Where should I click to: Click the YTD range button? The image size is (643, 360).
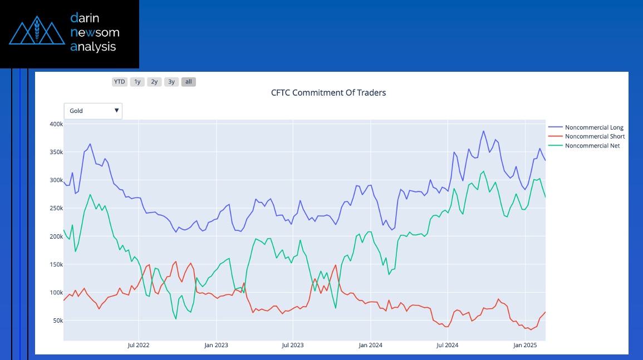(x=120, y=82)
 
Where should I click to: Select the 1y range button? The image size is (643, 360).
(x=137, y=82)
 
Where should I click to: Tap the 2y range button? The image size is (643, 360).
(x=154, y=82)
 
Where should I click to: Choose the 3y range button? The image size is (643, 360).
(x=171, y=82)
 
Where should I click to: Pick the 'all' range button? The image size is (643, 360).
(x=189, y=82)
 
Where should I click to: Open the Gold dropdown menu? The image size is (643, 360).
(x=93, y=111)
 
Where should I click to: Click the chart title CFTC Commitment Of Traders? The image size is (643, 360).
(x=328, y=93)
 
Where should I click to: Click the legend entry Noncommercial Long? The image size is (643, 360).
(x=593, y=127)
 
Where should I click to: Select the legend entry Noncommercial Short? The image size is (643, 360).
(x=595, y=136)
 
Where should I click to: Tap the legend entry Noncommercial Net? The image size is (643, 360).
(x=592, y=146)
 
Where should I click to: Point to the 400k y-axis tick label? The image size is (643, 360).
(x=56, y=124)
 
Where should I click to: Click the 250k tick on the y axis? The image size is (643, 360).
(x=56, y=208)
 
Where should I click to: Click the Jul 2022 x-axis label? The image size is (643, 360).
(x=139, y=346)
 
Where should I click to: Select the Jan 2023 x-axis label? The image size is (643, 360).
(x=216, y=346)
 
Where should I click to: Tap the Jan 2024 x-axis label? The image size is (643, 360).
(x=370, y=346)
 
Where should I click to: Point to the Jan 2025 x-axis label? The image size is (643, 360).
(x=524, y=346)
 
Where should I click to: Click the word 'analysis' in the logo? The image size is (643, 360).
(x=93, y=47)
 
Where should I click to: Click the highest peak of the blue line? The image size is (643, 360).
(x=483, y=131)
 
